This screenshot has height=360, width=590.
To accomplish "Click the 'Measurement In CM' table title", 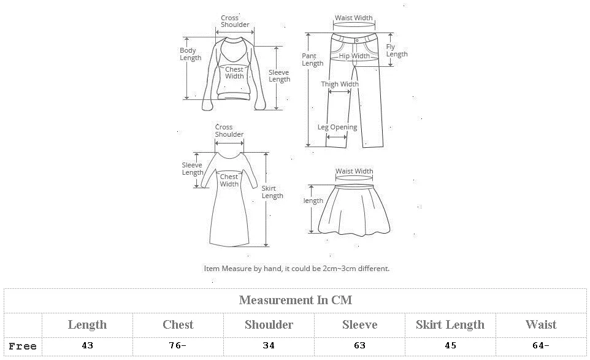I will point(295,300).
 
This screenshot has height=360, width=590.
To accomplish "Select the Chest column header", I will point(178,324).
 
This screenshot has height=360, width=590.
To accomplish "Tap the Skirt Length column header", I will point(450,324).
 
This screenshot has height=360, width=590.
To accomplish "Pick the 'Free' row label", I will point(23,347).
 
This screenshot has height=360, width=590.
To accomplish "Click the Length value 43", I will point(87,346).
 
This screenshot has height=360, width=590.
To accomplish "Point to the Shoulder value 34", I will point(269,346).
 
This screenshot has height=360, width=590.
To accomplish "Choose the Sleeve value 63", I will point(360,346).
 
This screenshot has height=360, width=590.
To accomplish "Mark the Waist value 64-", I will point(541,346).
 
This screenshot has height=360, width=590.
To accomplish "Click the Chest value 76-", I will point(178,346).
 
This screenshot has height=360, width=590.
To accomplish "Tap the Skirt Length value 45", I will point(450,346).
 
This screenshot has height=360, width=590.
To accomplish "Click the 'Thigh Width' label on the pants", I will point(340,85).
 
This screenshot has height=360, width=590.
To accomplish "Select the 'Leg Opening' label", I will point(337,128).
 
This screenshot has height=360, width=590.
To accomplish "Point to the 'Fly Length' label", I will point(396,50).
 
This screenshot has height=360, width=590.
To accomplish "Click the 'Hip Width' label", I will point(354,56).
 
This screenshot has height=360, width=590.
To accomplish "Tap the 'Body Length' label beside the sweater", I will point(190,54).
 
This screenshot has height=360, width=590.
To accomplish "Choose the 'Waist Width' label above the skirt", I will point(354,172).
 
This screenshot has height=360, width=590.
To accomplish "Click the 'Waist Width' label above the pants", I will point(353,18).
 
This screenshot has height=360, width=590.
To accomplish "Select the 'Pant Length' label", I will point(312,59).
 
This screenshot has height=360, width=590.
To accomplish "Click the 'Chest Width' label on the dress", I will point(229,180).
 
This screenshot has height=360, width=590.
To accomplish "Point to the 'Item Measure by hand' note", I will point(296,269).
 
